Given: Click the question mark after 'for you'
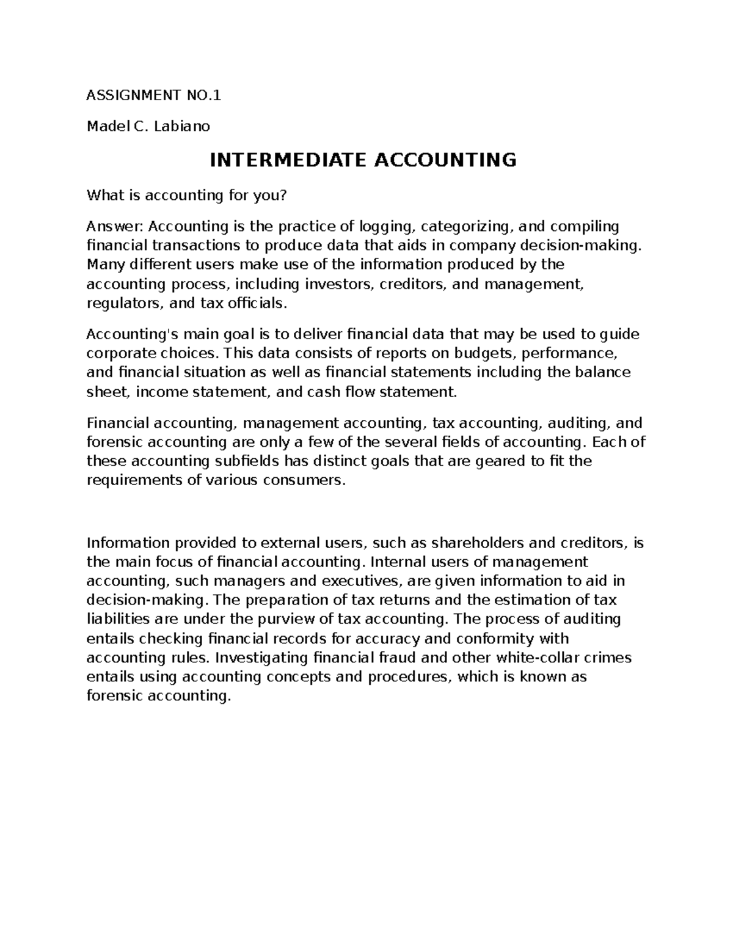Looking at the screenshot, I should point(283,196).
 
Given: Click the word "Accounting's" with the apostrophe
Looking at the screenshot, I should point(128,334).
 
